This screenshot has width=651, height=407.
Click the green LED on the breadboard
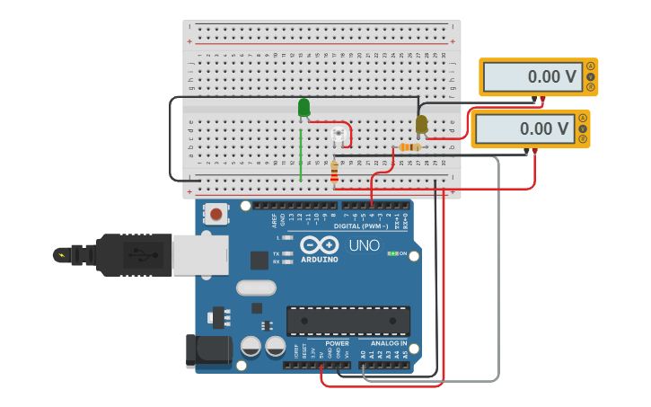click(304, 108)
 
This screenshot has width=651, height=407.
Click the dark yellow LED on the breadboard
click(421, 124)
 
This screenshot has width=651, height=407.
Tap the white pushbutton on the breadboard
click(338, 136)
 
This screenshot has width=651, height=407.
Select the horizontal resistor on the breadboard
click(409, 147)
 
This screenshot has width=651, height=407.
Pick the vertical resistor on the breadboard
click(335, 171)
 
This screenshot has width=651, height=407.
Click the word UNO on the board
click(364, 245)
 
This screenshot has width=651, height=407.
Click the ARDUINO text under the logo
click(319, 260)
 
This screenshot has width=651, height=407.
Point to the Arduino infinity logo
click(319, 245)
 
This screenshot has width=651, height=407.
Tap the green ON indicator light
click(391, 254)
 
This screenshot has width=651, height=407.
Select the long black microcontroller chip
click(347, 321)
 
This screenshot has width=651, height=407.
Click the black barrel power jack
click(205, 351)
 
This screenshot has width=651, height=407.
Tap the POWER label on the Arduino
click(337, 343)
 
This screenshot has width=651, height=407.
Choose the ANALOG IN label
click(389, 343)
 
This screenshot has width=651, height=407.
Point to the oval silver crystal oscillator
click(256, 288)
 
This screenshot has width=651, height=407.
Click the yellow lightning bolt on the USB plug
click(60, 255)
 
